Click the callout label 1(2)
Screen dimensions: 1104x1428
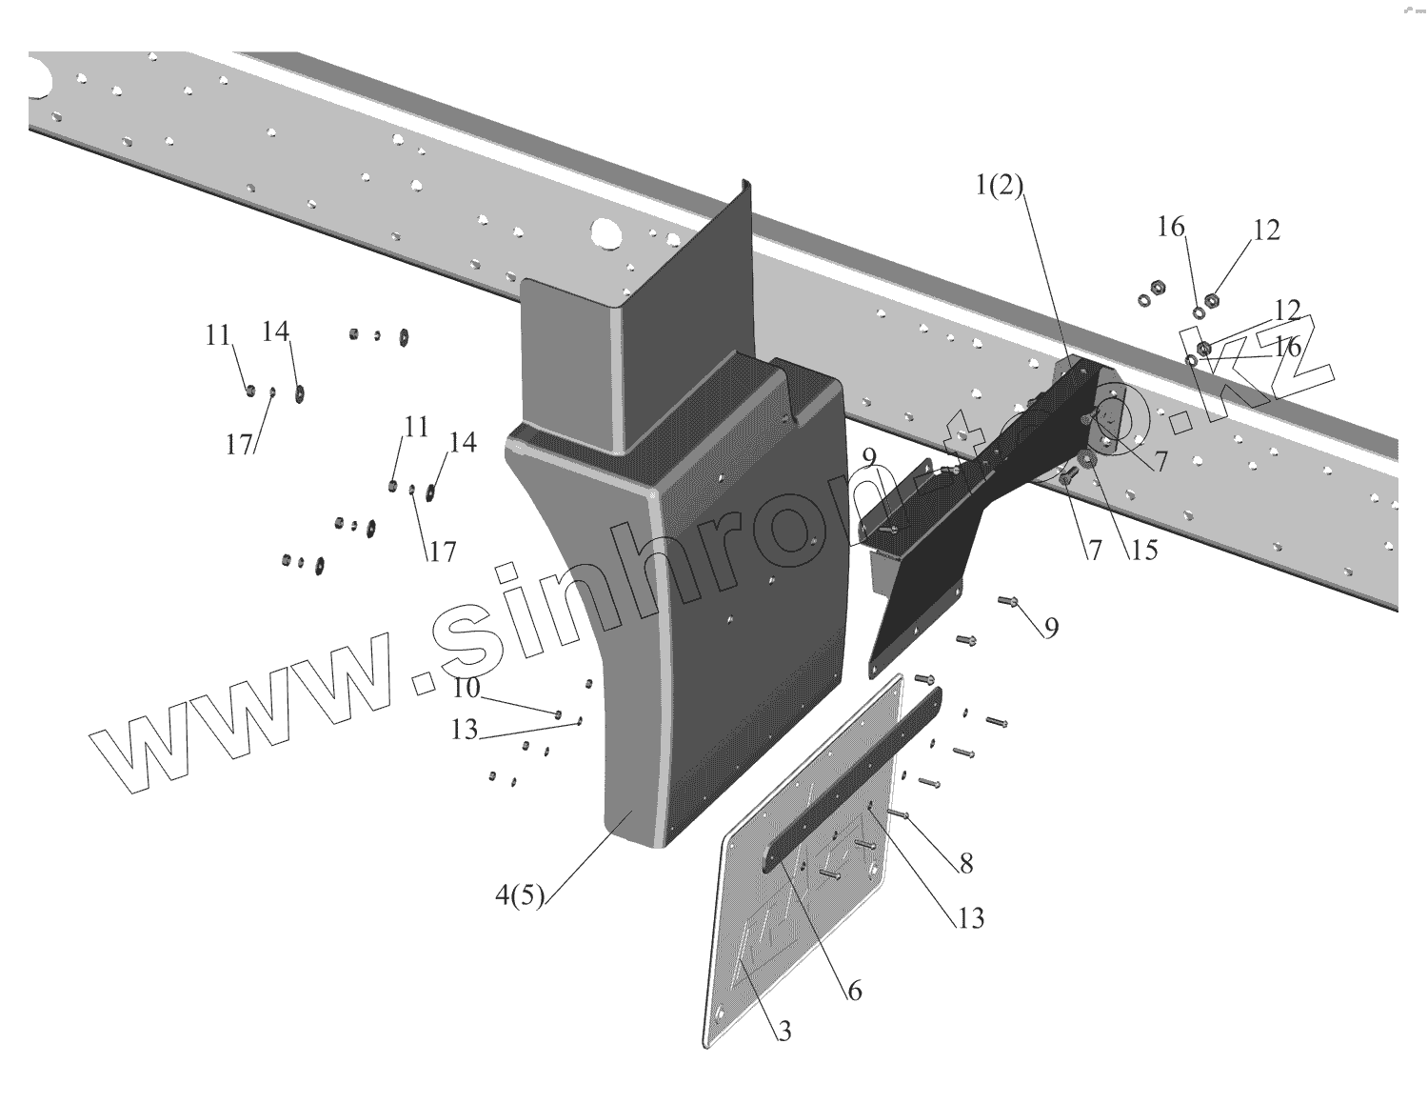[997, 188]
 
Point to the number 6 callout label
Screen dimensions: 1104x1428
[854, 991]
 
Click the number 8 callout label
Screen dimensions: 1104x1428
[966, 863]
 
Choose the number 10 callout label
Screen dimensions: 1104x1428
[466, 688]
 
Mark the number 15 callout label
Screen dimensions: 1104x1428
[1143, 550]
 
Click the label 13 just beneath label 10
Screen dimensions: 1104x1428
[464, 730]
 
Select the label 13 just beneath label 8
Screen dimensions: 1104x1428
[970, 917]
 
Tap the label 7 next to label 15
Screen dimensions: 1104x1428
[1095, 550]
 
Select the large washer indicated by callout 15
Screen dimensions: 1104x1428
[1090, 462]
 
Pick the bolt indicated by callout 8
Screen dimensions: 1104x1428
[901, 814]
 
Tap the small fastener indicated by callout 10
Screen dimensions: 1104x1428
[559, 713]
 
